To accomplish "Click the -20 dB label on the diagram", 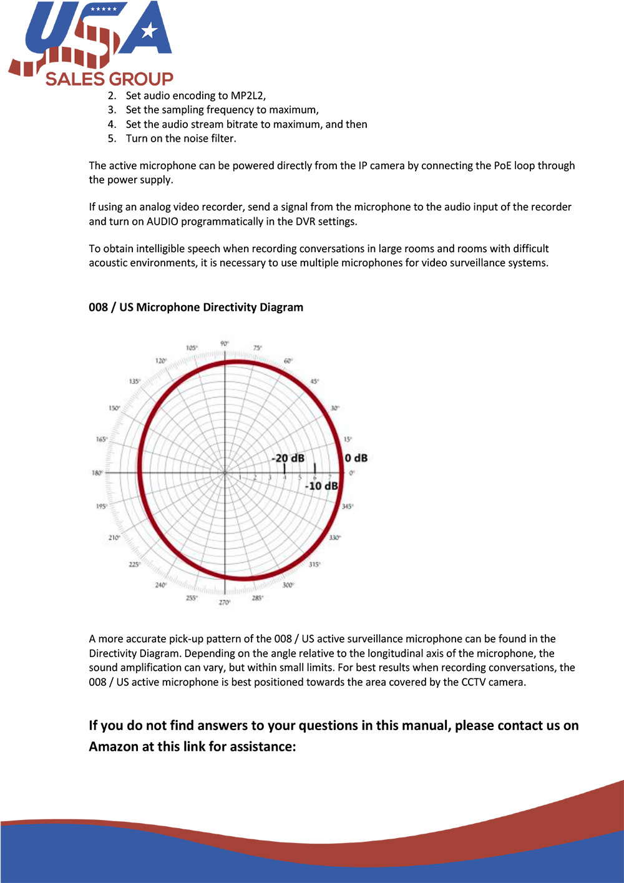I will (288, 458).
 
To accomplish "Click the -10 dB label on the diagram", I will (321, 485).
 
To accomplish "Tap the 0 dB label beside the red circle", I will (356, 458).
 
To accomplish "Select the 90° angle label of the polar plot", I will (225, 344).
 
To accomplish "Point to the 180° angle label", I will (97, 473).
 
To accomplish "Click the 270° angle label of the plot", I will (225, 602).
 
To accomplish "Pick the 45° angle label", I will (315, 381).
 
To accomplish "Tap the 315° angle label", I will (314, 564).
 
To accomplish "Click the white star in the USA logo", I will (149, 30).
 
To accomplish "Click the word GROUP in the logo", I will (141, 79).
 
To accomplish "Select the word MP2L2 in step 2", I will (247, 95).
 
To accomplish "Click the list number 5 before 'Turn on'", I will (112, 139).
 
